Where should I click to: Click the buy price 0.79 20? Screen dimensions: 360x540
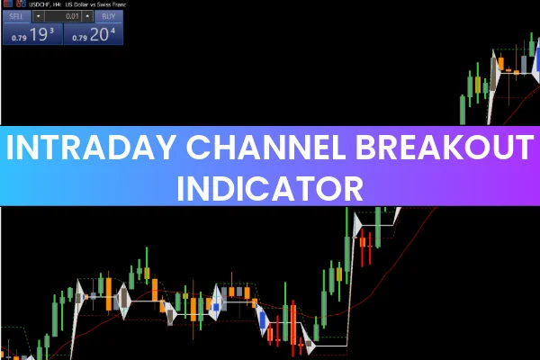pos(94,34)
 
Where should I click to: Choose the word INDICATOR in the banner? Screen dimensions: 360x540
pos(270,188)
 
